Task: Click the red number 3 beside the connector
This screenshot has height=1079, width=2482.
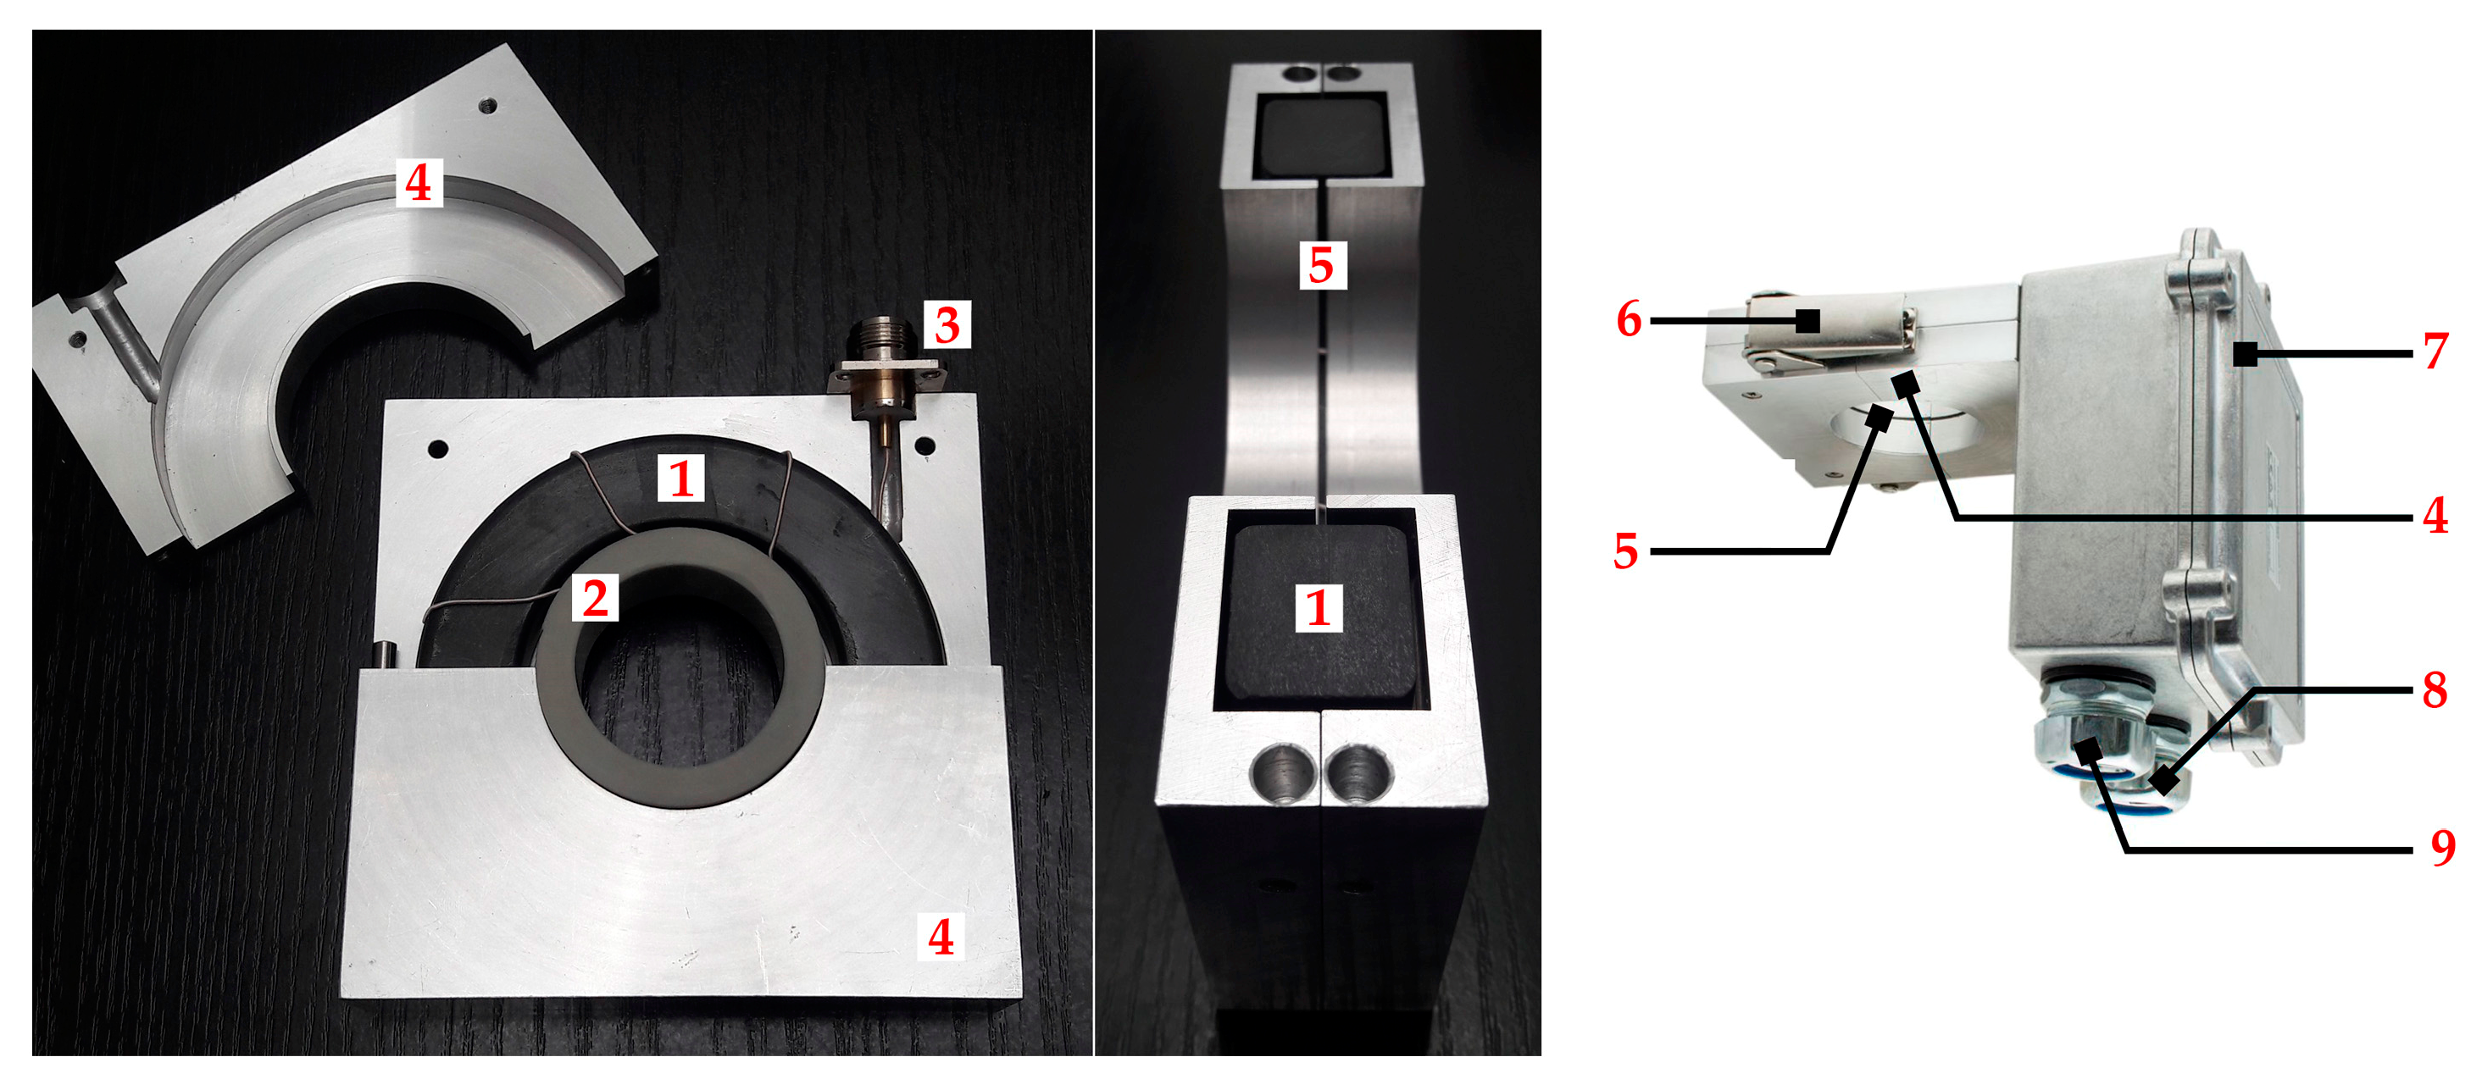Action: click(x=947, y=324)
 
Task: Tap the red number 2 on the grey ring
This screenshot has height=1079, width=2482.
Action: click(x=596, y=598)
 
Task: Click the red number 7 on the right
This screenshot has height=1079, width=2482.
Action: click(x=2435, y=351)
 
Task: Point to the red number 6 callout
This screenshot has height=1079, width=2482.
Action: click(x=1629, y=319)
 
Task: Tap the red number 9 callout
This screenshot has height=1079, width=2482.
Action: click(x=2442, y=848)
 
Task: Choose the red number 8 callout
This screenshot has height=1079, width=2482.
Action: click(x=2435, y=689)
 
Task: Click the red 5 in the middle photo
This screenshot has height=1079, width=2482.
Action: click(x=1321, y=265)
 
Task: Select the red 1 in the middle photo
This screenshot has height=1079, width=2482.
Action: click(x=1318, y=608)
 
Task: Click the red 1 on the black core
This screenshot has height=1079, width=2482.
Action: click(x=681, y=479)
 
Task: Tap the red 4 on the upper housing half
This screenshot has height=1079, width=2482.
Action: click(x=418, y=183)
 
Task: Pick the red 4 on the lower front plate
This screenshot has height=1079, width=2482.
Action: click(x=941, y=937)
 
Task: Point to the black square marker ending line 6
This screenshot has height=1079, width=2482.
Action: click(x=1807, y=321)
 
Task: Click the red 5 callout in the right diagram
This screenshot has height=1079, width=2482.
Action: click(x=1625, y=552)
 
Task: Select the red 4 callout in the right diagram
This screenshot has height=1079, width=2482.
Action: click(x=2435, y=517)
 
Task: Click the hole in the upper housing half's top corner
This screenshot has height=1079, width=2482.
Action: click(x=488, y=104)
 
